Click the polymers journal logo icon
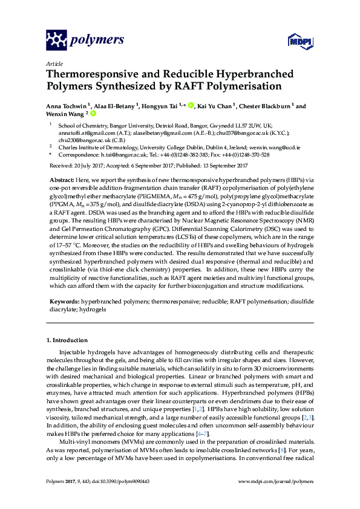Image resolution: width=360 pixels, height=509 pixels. [x=57, y=40]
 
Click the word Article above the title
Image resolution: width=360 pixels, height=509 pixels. [x=54, y=63]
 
